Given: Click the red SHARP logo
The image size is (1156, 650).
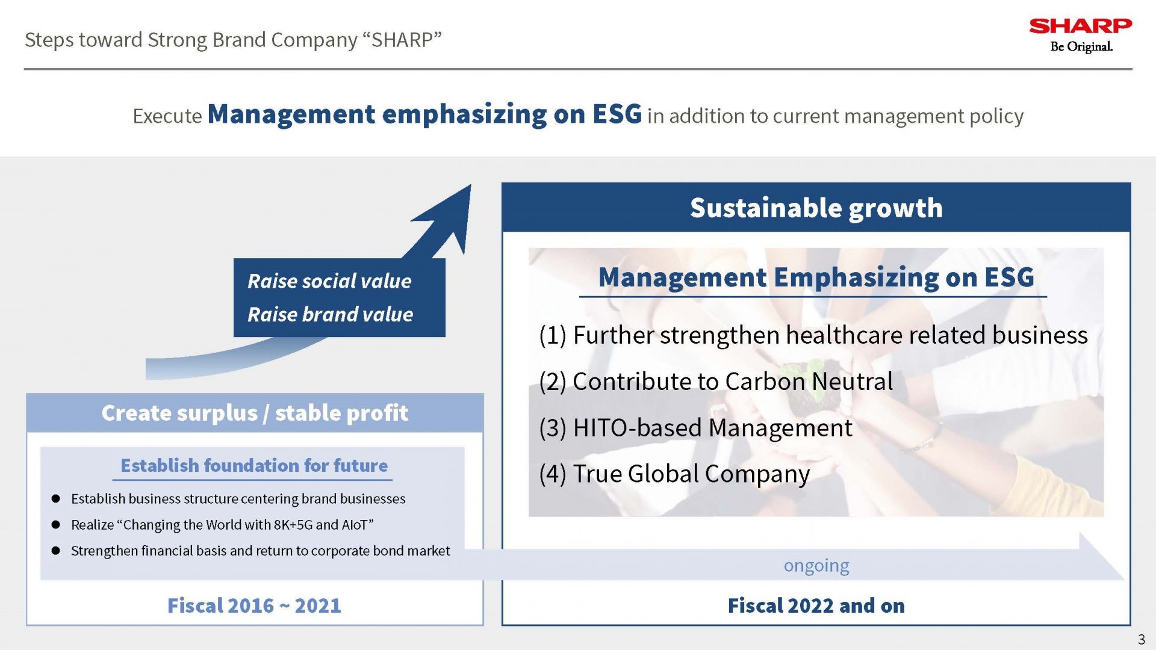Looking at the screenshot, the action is tap(1080, 26).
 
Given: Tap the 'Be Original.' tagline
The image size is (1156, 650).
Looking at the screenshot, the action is tap(1081, 47).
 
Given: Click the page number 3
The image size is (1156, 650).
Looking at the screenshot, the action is tap(1141, 639).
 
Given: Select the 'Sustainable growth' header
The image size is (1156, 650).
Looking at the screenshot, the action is tap(816, 208).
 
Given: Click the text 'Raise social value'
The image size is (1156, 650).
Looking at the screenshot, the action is tap(329, 281).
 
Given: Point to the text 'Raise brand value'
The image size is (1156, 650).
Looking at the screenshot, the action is tap(330, 314).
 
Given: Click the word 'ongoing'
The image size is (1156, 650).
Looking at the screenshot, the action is tap(816, 566).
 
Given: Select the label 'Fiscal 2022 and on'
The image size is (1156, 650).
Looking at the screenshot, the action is tap(816, 605).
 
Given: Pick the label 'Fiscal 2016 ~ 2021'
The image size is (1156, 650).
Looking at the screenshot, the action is tap(254, 605).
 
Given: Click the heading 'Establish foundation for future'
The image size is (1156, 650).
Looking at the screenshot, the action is tap(254, 465).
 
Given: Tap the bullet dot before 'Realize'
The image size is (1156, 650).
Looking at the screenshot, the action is tap(56, 525).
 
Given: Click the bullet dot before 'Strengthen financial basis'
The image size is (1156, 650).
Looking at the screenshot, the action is tap(56, 551).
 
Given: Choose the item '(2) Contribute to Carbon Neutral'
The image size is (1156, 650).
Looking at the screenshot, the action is tap(716, 382).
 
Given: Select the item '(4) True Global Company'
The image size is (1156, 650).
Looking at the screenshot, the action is tap(674, 474).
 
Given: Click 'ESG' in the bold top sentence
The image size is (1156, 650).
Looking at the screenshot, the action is tap(617, 114).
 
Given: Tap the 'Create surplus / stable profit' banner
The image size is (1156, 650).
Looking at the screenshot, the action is tap(255, 413).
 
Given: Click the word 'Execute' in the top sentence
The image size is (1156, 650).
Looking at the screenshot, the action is tap(167, 116).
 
